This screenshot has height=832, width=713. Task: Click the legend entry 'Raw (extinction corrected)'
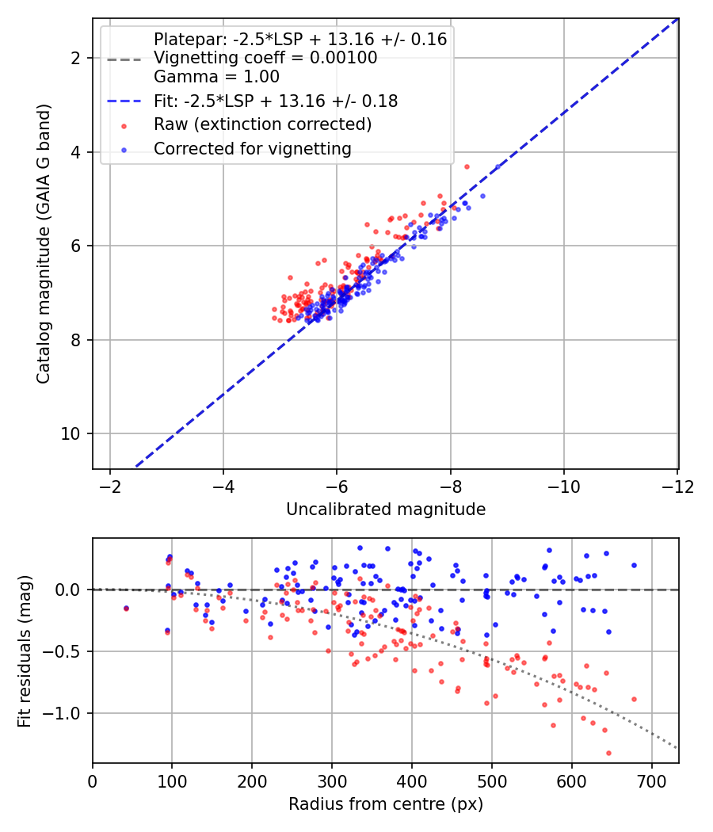[x=262, y=124]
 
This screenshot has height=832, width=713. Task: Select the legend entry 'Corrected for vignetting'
[x=253, y=149]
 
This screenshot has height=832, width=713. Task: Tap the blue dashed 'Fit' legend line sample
[x=124, y=101]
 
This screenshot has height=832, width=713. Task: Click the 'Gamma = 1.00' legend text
[x=216, y=77]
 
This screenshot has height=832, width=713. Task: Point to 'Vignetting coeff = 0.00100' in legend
[x=265, y=58]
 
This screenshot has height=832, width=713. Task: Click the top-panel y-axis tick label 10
[x=70, y=434]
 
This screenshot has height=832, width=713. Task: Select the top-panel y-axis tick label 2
[x=75, y=58]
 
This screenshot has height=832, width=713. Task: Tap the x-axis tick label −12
[x=677, y=487]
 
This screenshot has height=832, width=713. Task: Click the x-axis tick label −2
[x=110, y=487]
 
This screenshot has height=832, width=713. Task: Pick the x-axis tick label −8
[x=451, y=487]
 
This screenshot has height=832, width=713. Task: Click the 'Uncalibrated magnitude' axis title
[x=386, y=510]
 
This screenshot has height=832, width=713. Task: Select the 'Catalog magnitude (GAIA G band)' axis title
[x=44, y=243]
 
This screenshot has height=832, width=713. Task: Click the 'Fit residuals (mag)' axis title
[x=25, y=651]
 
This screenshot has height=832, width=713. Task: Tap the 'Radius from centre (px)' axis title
[x=386, y=804]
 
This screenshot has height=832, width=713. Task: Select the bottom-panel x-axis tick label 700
[x=651, y=781]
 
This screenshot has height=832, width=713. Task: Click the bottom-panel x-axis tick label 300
[x=332, y=781]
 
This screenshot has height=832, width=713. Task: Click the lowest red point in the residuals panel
[x=608, y=753]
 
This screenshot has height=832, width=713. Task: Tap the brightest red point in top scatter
[x=467, y=166]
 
